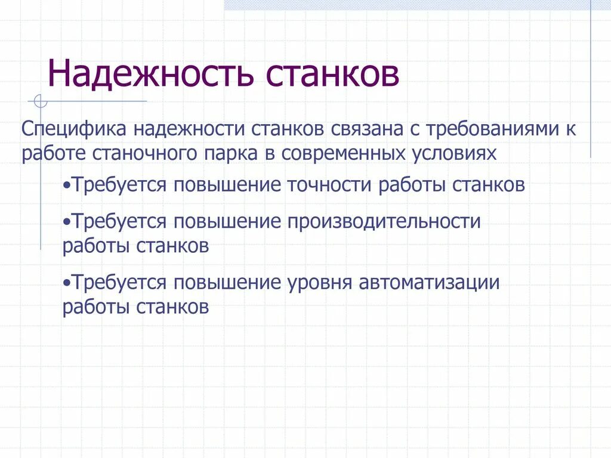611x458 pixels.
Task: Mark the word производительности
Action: pyautogui.click(x=384, y=221)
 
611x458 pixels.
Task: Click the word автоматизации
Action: pyautogui.click(x=429, y=282)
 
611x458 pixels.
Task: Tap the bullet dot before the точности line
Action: pyautogui.click(x=66, y=185)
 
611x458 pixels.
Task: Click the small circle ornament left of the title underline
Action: pyautogui.click(x=40, y=101)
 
